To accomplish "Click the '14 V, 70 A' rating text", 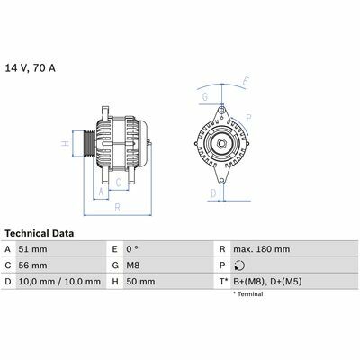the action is [x=31, y=68].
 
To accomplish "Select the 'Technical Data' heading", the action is [x=40, y=233].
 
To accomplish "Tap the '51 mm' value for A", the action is [x=32, y=249].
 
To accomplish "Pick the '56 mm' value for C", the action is [x=32, y=265].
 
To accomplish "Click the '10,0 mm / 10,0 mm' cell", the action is [x=59, y=282].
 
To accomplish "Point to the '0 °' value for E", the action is [x=132, y=249].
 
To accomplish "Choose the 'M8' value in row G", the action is [x=133, y=265].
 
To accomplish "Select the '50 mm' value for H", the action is [x=140, y=282].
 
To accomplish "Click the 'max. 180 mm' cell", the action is [x=262, y=249].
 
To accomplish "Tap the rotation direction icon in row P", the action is [x=239, y=265].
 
